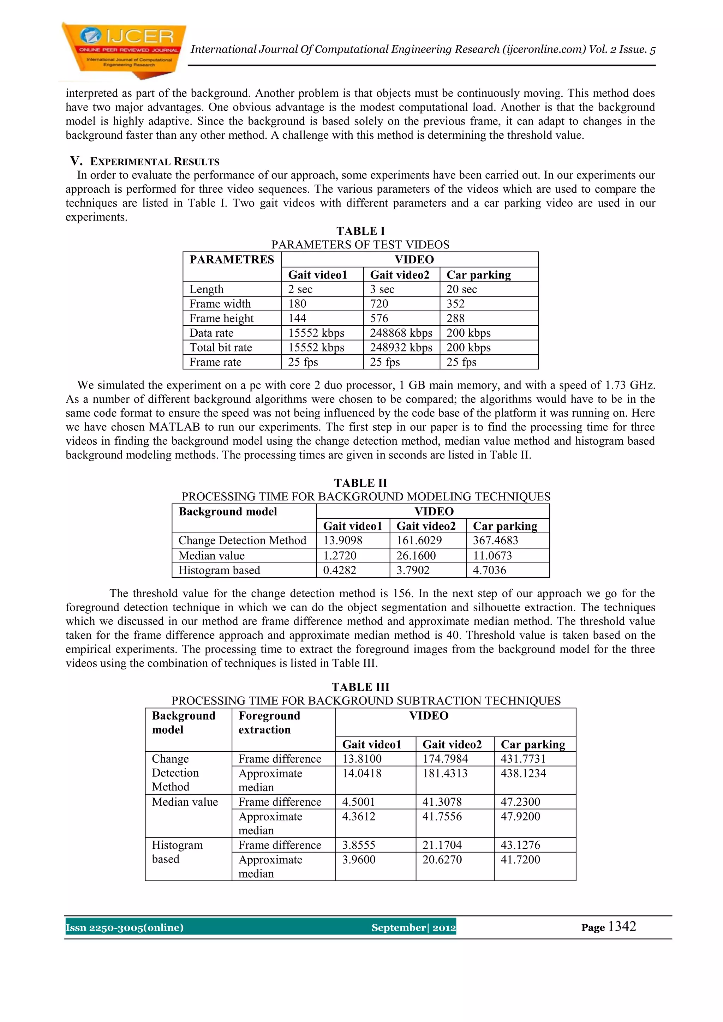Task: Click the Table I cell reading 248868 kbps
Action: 401,333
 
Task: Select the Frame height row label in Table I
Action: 221,318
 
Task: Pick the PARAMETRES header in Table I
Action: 232,259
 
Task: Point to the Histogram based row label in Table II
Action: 219,570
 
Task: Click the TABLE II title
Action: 360,483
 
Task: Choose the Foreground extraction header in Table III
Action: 269,722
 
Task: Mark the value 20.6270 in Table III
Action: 442,860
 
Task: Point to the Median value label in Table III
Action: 185,802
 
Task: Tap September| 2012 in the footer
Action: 413,928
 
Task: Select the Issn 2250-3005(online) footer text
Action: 125,928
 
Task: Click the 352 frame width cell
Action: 455,304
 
